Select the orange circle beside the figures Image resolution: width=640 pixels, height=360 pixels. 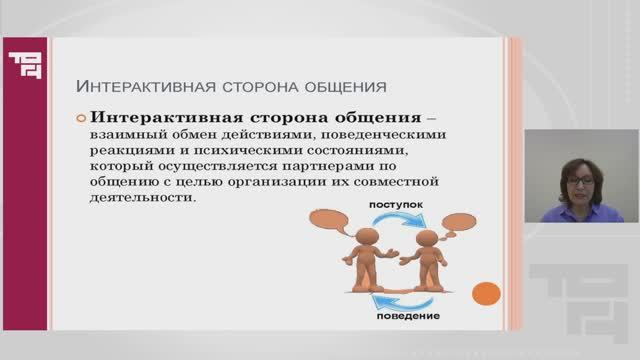(x=485, y=295)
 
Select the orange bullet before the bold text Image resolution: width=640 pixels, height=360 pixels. (x=82, y=117)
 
